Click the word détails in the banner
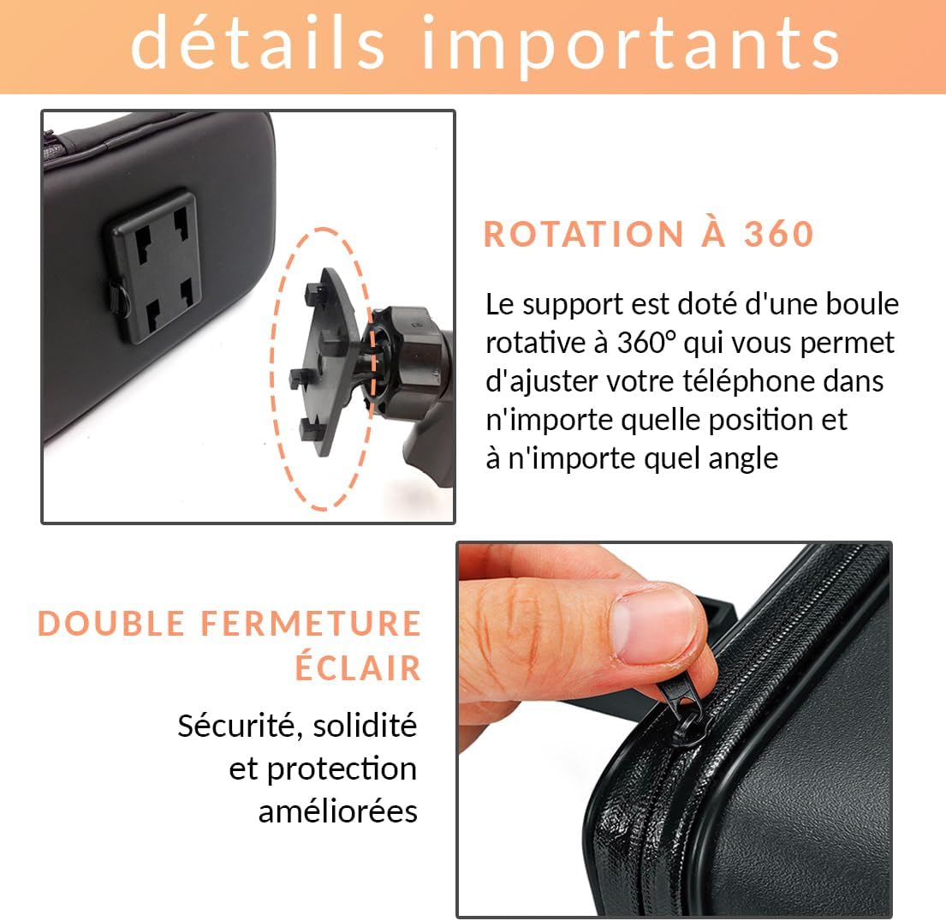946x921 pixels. click(258, 44)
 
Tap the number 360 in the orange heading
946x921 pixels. click(779, 235)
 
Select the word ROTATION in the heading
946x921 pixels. click(584, 235)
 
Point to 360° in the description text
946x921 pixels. click(646, 343)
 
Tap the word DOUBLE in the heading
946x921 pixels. click(111, 623)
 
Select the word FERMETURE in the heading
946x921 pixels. click(311, 623)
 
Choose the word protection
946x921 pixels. click(342, 769)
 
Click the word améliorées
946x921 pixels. click(338, 811)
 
